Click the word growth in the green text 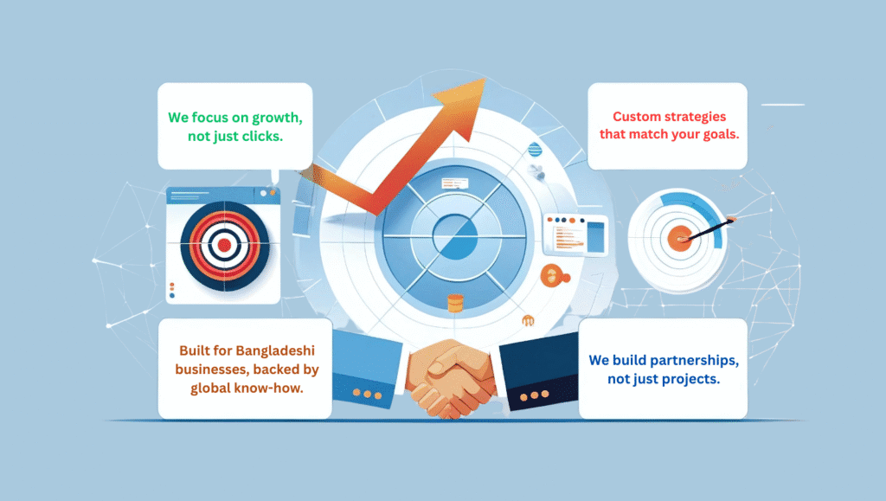click(276, 118)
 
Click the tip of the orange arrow click(485, 80)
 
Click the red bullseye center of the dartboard click(224, 245)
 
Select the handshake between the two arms click(450, 376)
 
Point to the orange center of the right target click(680, 239)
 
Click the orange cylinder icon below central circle click(455, 304)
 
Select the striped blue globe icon click(535, 151)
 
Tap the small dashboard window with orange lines click(575, 234)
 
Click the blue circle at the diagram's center click(455, 237)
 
